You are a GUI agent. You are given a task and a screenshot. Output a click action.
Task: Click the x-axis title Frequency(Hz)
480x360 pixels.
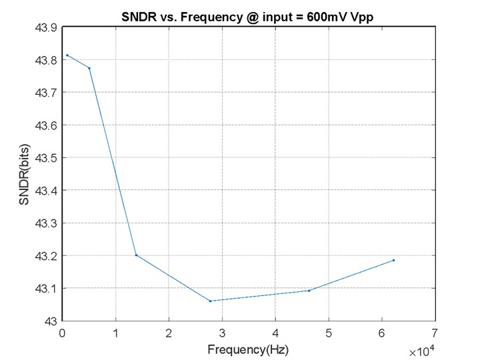click(249, 349)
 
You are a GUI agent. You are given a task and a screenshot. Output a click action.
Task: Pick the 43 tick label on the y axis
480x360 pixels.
click(49, 321)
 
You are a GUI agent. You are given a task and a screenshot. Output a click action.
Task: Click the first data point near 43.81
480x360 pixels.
click(67, 55)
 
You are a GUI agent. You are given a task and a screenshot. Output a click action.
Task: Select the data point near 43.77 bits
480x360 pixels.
click(89, 68)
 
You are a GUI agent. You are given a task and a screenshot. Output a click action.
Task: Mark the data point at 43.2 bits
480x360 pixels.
click(136, 255)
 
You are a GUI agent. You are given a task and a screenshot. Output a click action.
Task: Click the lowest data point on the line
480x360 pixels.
click(210, 301)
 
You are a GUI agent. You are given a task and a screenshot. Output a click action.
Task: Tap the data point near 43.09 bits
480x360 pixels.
click(309, 291)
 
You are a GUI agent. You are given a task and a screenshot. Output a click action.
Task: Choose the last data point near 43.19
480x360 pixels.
click(394, 260)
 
